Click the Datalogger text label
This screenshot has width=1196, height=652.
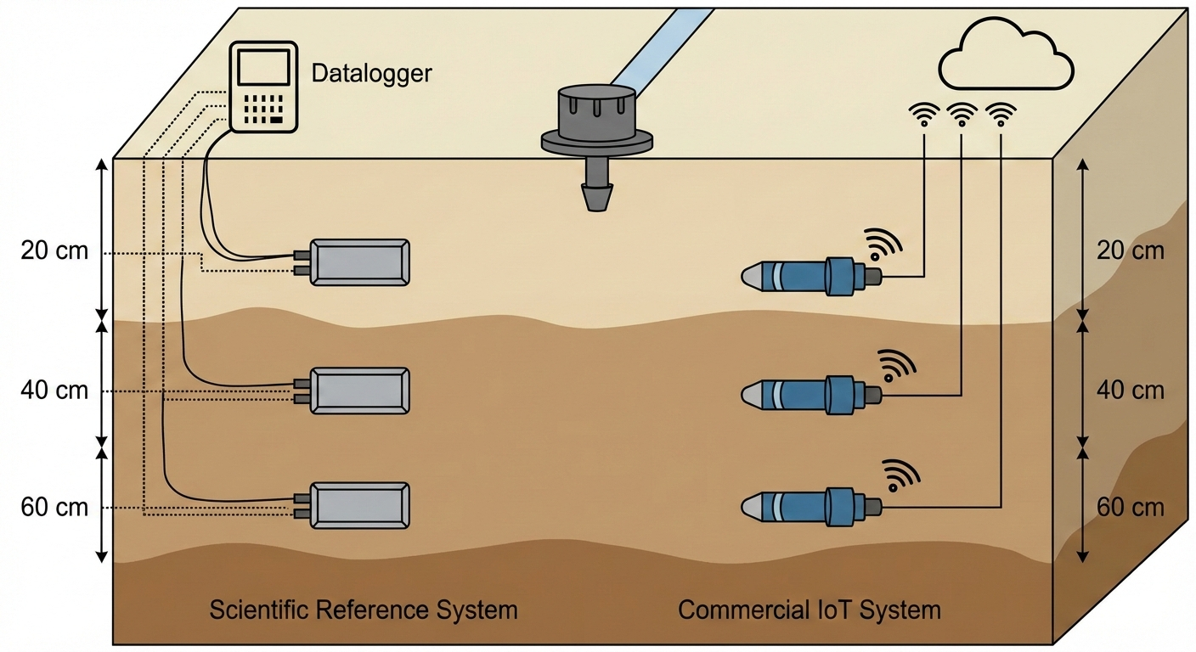pos(371,73)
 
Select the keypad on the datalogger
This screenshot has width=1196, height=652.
pos(264,109)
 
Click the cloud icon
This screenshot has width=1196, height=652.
pos(1005,57)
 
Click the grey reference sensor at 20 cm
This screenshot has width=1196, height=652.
pos(360,262)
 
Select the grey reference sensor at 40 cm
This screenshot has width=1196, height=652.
pos(360,391)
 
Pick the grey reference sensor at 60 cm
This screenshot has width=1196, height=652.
pos(360,506)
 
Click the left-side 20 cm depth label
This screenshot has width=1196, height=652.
pos(54,252)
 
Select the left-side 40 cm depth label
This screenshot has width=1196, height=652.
pos(54,391)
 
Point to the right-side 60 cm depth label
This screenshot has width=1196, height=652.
pos(1131,508)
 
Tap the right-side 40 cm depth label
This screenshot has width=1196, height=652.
pos(1131,391)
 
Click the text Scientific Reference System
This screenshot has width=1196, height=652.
pos(363,610)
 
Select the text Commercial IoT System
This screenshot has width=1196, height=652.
pos(810,610)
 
